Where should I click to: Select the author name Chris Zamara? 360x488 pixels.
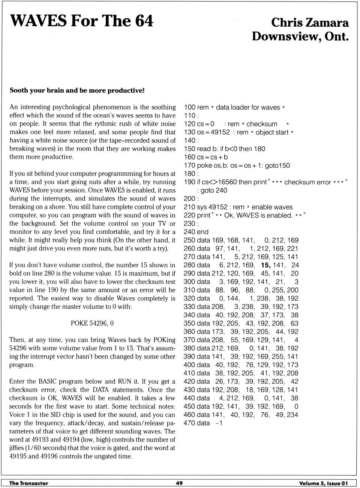[x=310, y=23]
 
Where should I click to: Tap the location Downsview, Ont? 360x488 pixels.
[x=300, y=36]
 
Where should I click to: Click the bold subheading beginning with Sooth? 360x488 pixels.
[x=77, y=90]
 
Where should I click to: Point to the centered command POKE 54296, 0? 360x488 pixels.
[x=92, y=323]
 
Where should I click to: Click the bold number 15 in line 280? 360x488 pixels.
[x=265, y=265]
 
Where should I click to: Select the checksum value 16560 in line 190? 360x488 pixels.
[x=226, y=182]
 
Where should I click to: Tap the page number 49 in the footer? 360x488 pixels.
[x=179, y=483]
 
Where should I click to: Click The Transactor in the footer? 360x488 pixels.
[x=28, y=483]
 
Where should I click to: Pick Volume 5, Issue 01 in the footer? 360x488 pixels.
[x=323, y=483]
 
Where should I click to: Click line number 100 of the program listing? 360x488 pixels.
[x=189, y=107]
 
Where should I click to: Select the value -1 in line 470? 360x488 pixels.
[x=219, y=423]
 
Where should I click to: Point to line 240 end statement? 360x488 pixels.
[x=196, y=232]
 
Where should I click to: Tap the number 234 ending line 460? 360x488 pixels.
[x=292, y=415]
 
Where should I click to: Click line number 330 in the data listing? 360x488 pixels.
[x=189, y=307]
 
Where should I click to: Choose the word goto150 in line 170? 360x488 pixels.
[x=277, y=166]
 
